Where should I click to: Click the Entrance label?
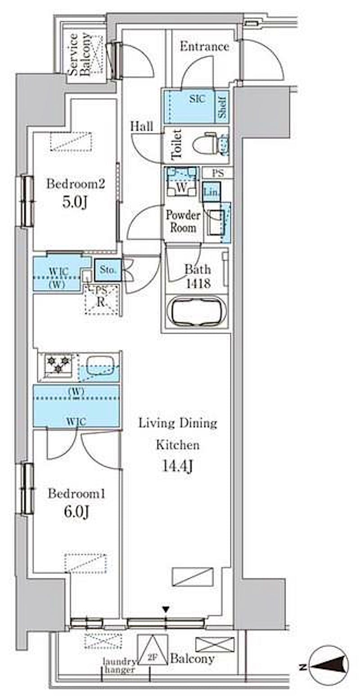204,47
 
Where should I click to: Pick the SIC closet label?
197,99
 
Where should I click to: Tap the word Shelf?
222,106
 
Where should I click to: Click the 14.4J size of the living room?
177,466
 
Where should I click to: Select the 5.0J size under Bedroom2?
75,203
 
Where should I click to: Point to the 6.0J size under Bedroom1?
76,512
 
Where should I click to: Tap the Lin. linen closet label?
211,192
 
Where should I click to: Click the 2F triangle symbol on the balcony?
152,650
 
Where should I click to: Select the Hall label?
142,126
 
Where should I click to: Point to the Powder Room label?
183,222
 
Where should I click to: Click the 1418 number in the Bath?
198,283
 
